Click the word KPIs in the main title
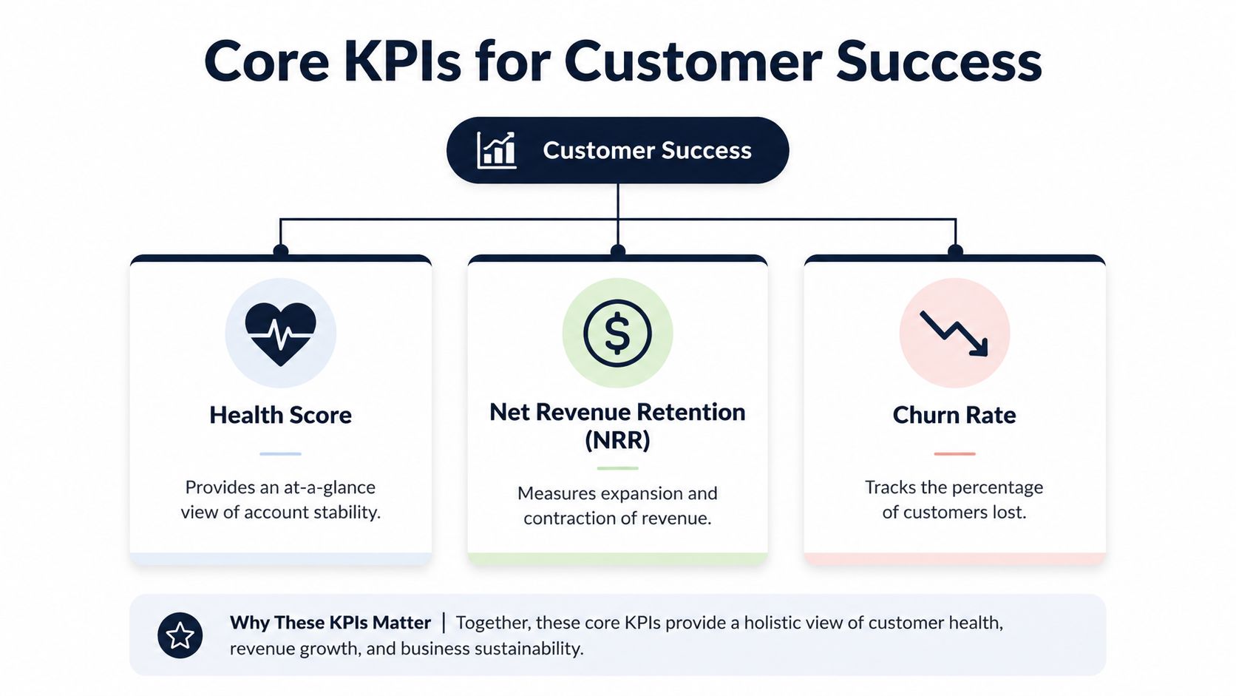(402, 61)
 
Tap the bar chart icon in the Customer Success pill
(497, 150)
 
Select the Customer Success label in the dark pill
(647, 150)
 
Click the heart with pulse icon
(281, 334)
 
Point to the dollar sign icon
(617, 334)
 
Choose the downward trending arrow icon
(954, 334)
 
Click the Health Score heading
(280, 415)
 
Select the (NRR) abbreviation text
(617, 440)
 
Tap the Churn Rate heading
(954, 415)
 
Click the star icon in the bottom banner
(180, 635)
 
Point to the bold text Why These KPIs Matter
(330, 623)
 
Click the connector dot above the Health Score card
(281, 251)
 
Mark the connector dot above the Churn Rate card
(955, 251)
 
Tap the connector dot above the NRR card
(618, 251)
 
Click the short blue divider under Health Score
(280, 453)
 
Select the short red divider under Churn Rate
(954, 453)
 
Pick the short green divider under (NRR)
(617, 468)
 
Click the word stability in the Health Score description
(347, 513)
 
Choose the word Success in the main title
(939, 61)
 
